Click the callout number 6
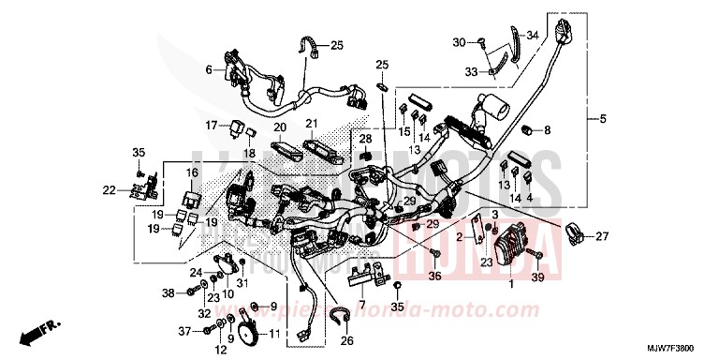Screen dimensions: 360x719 pyautogui.click(x=209, y=69)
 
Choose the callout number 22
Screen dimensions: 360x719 pyautogui.click(x=110, y=190)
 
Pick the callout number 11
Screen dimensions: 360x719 pyautogui.click(x=273, y=334)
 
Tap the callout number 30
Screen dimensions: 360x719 pyautogui.click(x=459, y=42)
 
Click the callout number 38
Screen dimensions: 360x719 pyautogui.click(x=168, y=294)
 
